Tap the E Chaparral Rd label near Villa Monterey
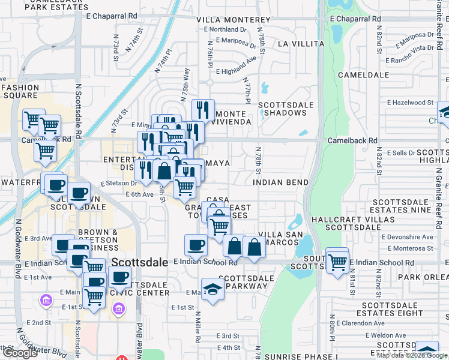pyautogui.click(x=112, y=17)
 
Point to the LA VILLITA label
pyautogui.click(x=301, y=44)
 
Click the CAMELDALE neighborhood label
pyautogui.click(x=360, y=75)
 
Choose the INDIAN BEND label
pyautogui.click(x=280, y=182)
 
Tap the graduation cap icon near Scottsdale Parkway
pyautogui.click(x=212, y=290)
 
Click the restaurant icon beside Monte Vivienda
pyautogui.click(x=203, y=110)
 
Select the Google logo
pyautogui.click(x=20, y=353)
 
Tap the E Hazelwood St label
pyautogui.click(x=411, y=103)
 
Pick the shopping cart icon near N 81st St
pyautogui.click(x=338, y=262)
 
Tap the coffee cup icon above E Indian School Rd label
pyautogui.click(x=196, y=245)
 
